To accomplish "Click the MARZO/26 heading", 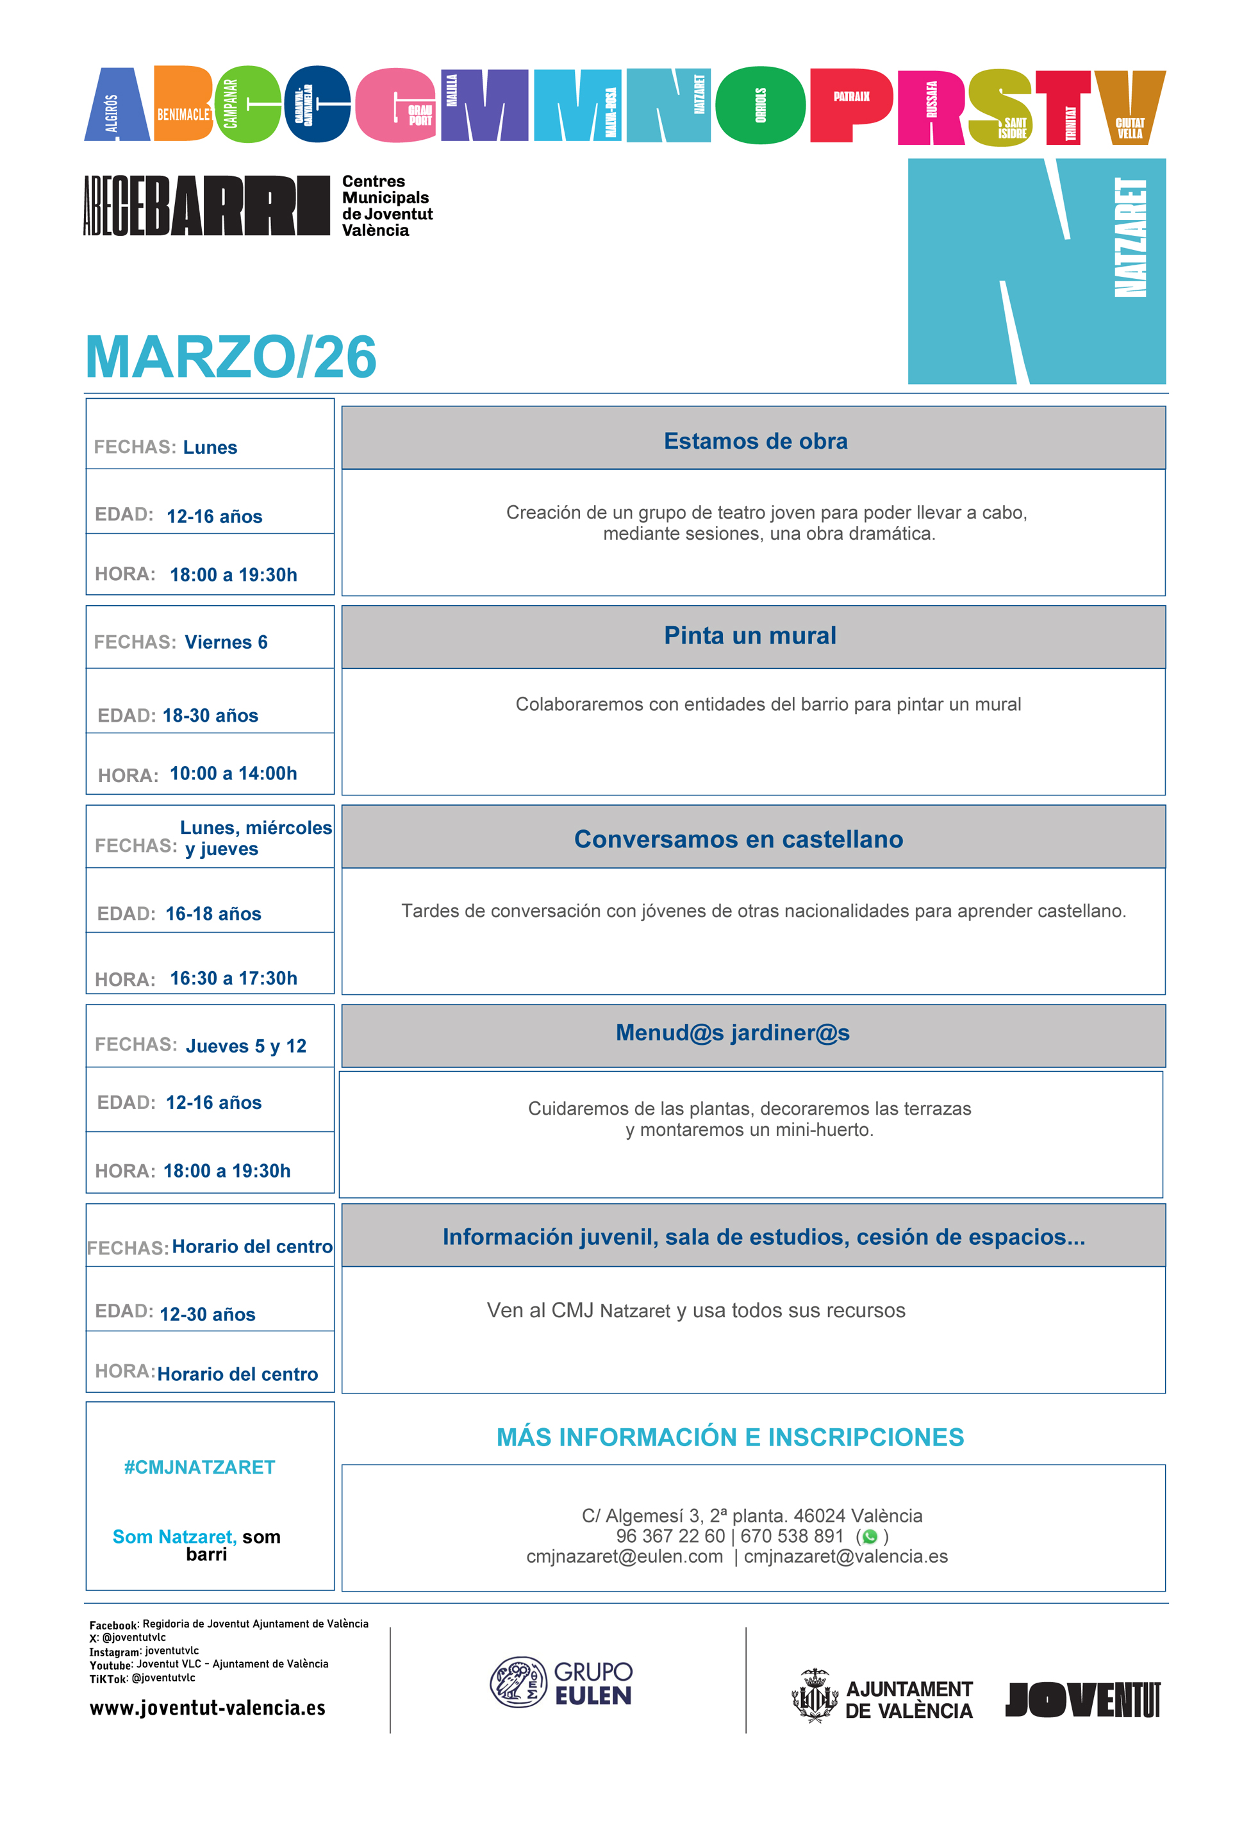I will pyautogui.click(x=231, y=358).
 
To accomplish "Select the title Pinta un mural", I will pyautogui.click(x=750, y=635).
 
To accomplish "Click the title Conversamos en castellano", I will pyautogui.click(x=738, y=839).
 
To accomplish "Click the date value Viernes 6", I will pyautogui.click(x=226, y=642).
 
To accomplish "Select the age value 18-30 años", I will pyautogui.click(x=210, y=715).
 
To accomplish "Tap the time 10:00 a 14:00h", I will pyautogui.click(x=233, y=774).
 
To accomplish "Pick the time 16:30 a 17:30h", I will pyautogui.click(x=233, y=978).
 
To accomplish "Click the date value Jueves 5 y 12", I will pyautogui.click(x=245, y=1045).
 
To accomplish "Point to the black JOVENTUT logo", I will pyautogui.click(x=1082, y=1699).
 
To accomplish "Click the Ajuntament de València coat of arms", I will pyautogui.click(x=814, y=1696).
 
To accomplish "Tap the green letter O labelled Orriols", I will pyautogui.click(x=759, y=105).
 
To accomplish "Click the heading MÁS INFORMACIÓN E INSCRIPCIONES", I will pyautogui.click(x=729, y=1437).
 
